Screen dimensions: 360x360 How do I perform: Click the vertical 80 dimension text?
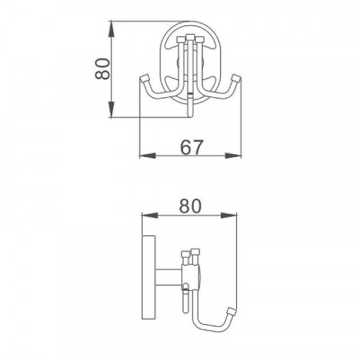point(103,69)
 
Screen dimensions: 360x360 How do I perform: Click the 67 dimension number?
point(192,147)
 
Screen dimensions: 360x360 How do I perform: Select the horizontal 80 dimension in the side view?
point(190,206)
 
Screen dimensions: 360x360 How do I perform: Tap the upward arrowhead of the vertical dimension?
point(111,30)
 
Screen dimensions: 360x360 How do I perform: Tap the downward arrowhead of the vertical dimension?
point(111,109)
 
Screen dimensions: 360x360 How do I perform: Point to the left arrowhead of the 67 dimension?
point(148,156)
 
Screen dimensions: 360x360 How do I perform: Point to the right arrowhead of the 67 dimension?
point(233,156)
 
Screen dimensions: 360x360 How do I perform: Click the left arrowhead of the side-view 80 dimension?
point(150,215)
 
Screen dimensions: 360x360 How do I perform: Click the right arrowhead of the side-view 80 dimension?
point(229,215)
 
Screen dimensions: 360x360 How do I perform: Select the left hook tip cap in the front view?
point(145,78)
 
